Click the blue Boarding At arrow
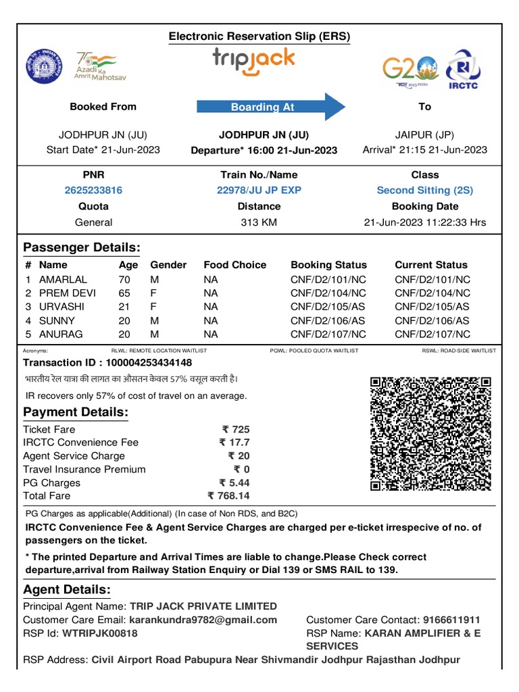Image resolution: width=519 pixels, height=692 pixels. pos(270,107)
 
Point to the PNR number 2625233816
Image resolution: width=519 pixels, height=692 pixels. pos(93,191)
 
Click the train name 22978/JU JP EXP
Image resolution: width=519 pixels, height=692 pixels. pos(259,191)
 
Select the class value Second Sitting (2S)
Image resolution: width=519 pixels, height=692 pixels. pos(424,191)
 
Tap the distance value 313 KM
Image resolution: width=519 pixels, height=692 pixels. pos(259,222)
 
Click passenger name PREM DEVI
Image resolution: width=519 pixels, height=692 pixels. pos(68,293)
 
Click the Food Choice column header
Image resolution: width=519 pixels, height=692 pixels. pos(234,265)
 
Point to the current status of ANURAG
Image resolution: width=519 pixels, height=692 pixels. pos(432,335)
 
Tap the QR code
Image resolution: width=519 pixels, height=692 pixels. pos(430,434)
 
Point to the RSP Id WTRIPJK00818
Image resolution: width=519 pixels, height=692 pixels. pos(99,633)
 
